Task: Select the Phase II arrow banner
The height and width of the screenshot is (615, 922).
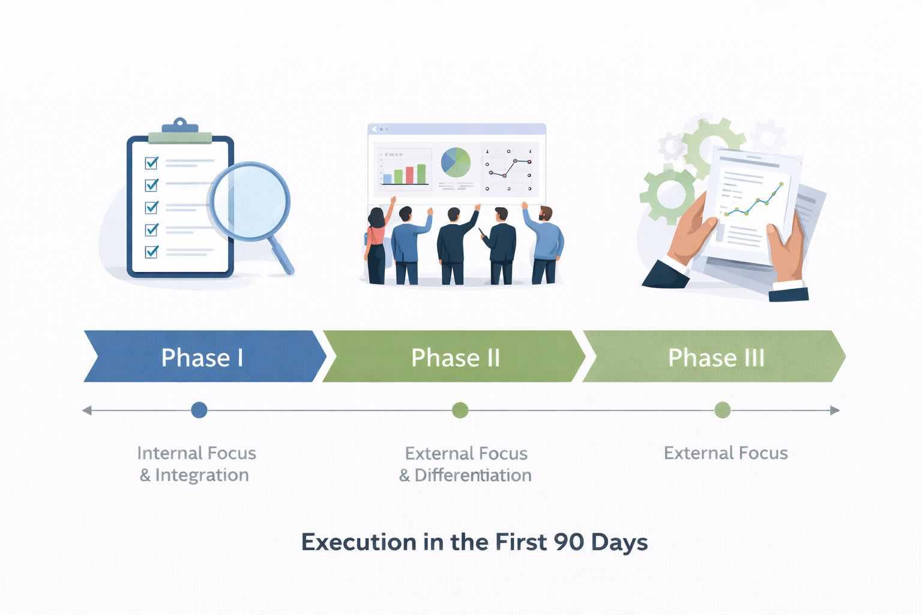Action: pos(454,357)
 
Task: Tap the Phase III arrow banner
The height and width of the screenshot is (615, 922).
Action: pos(716,357)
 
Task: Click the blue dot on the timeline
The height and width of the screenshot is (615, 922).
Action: pos(199,410)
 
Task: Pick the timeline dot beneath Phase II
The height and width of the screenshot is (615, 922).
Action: pos(460,410)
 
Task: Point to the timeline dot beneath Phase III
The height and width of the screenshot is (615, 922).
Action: pos(723,410)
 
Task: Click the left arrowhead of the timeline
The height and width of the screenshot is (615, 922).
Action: pos(87,410)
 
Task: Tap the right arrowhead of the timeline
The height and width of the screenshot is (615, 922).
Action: pos(834,410)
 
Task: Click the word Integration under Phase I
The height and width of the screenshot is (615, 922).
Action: pos(202,475)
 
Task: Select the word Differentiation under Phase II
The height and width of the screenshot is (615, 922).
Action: pos(473,475)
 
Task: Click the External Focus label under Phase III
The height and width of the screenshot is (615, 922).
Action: pos(726,453)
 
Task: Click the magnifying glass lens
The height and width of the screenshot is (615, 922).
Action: pos(250,201)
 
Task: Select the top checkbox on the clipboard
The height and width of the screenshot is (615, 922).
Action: pos(152,163)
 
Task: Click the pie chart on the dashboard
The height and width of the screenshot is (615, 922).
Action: pos(456,162)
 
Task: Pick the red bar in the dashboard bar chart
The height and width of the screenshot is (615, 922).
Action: pos(409,175)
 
